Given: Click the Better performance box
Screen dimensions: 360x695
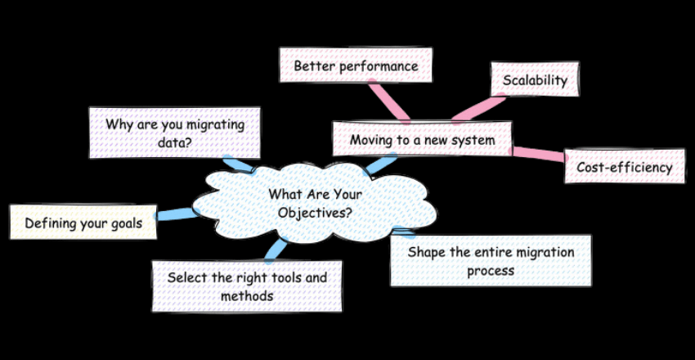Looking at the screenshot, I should click(355, 65).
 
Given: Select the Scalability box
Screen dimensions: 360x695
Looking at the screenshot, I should click(535, 80).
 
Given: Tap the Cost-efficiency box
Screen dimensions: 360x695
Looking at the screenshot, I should click(624, 167).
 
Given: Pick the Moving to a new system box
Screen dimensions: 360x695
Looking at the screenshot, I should click(422, 140).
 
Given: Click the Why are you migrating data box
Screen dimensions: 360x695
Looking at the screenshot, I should click(174, 133).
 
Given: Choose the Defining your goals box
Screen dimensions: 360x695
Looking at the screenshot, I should click(83, 223).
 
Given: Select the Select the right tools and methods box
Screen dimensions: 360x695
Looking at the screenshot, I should click(247, 286).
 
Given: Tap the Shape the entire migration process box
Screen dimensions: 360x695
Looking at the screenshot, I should click(491, 261).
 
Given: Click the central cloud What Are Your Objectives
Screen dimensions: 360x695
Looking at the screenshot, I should click(315, 205).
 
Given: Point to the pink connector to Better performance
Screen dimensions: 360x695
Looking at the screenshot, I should click(388, 100).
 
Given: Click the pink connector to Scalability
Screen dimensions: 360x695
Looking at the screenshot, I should click(478, 107).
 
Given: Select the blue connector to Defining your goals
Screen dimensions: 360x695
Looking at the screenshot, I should click(175, 215).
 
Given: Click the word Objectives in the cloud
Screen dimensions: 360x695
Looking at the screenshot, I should click(315, 213).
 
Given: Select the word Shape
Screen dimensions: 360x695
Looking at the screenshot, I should click(426, 252).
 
